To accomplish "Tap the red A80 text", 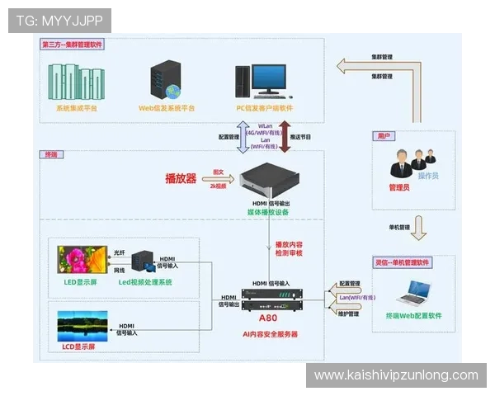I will [269, 318].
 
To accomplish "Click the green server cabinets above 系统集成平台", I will [76, 80].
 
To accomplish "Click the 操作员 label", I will [428, 176].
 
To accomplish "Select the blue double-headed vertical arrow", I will [243, 136].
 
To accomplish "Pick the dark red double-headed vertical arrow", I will [285, 136].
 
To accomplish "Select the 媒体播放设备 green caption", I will [269, 212].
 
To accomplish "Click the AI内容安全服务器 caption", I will [269, 334].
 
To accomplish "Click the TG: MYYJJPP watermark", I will [59, 20].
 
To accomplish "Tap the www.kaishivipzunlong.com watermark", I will [396, 375].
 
